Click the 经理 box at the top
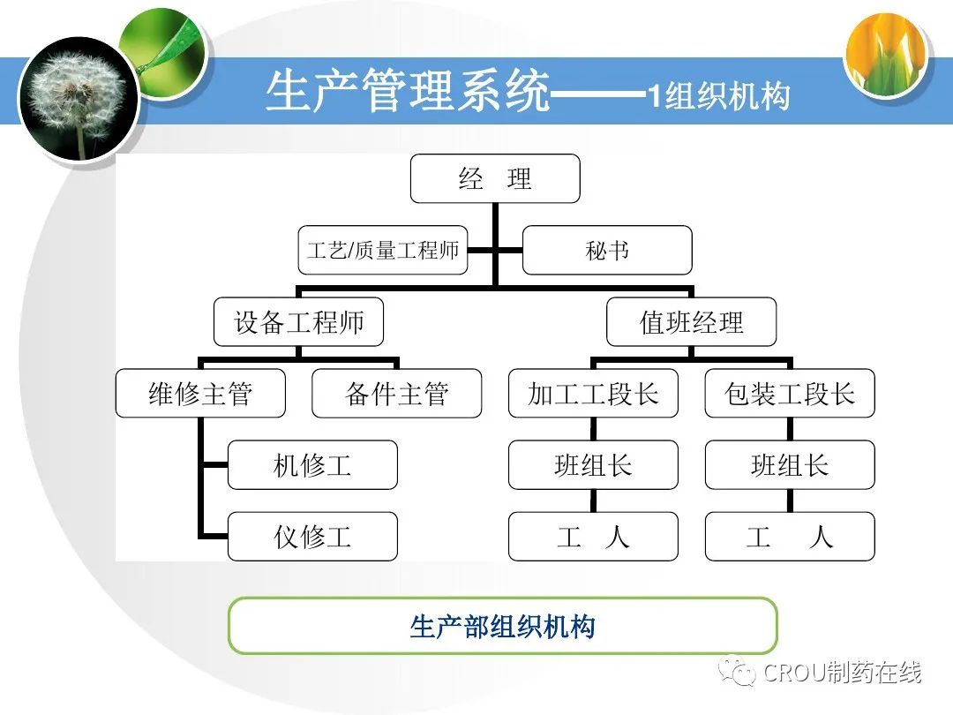point(495,179)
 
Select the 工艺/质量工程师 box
point(383,250)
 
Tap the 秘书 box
point(607,250)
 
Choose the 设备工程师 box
point(299,322)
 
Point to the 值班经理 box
point(692,322)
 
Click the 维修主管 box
point(200,394)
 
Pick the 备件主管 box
point(397,394)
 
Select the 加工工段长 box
point(593,394)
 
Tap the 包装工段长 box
point(790,394)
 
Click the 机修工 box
point(312,465)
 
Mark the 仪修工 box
point(312,536)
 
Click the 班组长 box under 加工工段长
point(593,465)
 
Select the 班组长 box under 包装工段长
point(790,465)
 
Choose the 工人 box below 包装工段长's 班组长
point(790,536)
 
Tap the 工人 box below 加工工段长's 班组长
point(593,536)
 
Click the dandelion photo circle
point(79,99)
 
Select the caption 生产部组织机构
point(502,626)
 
